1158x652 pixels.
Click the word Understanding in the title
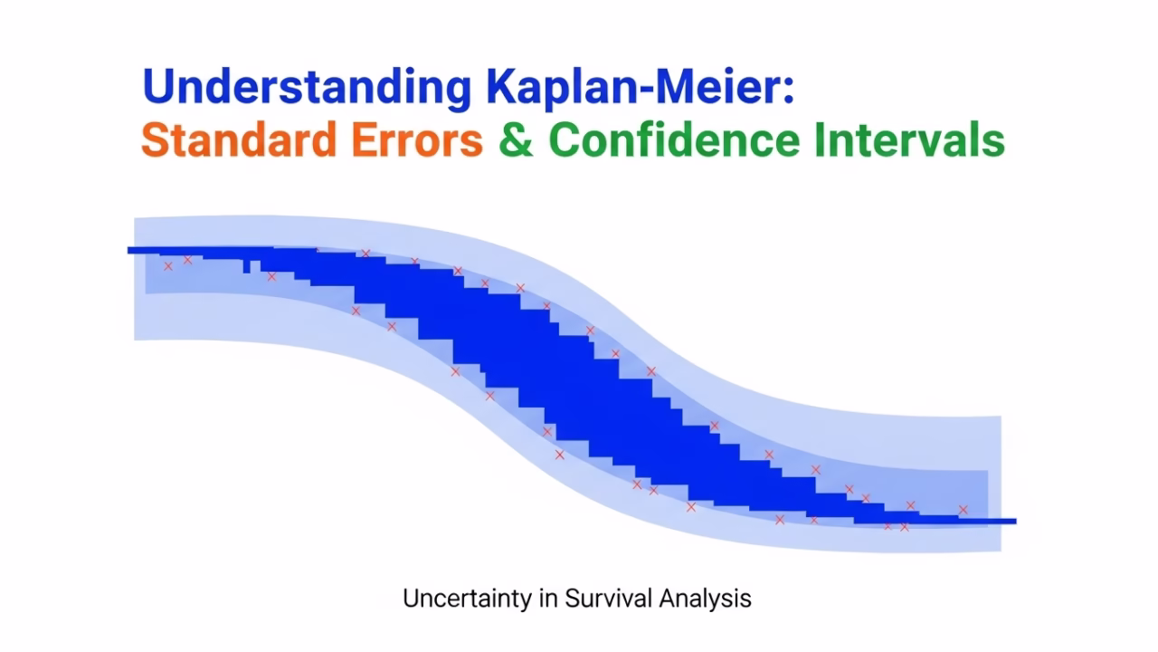click(307, 88)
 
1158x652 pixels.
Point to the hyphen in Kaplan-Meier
click(647, 90)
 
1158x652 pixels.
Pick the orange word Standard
click(239, 139)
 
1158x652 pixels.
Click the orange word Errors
click(417, 139)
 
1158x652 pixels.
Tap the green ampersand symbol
click(516, 139)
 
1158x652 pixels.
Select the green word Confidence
click(674, 139)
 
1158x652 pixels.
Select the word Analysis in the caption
click(705, 599)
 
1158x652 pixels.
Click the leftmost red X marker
click(168, 266)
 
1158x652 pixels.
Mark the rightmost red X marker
click(963, 510)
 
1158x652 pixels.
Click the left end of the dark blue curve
click(128, 251)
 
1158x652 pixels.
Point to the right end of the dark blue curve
click(1016, 522)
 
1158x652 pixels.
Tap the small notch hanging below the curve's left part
click(247, 266)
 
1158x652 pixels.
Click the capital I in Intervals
click(820, 139)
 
